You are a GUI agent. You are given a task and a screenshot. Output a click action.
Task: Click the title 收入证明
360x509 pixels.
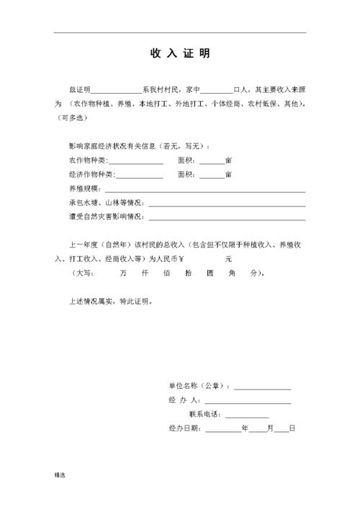tap(180, 54)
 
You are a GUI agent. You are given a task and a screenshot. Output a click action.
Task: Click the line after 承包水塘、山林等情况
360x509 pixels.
tap(226, 202)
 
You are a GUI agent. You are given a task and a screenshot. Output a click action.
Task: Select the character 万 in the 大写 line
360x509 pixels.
tap(124, 274)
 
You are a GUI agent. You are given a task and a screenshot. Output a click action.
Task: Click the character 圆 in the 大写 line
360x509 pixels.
tap(210, 274)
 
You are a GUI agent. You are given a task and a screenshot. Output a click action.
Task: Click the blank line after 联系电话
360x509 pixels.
tap(246, 415)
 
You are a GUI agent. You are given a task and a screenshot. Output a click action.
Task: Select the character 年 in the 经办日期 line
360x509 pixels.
tap(246, 428)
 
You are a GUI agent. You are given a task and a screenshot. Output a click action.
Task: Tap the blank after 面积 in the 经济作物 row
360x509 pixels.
tap(212, 175)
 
